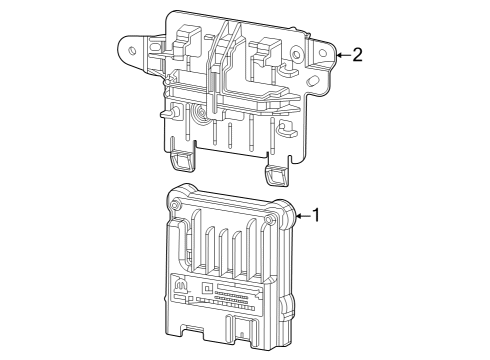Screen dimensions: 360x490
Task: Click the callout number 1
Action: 317,214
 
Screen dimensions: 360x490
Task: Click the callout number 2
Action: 357,54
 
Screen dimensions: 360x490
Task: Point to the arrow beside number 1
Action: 302,214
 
